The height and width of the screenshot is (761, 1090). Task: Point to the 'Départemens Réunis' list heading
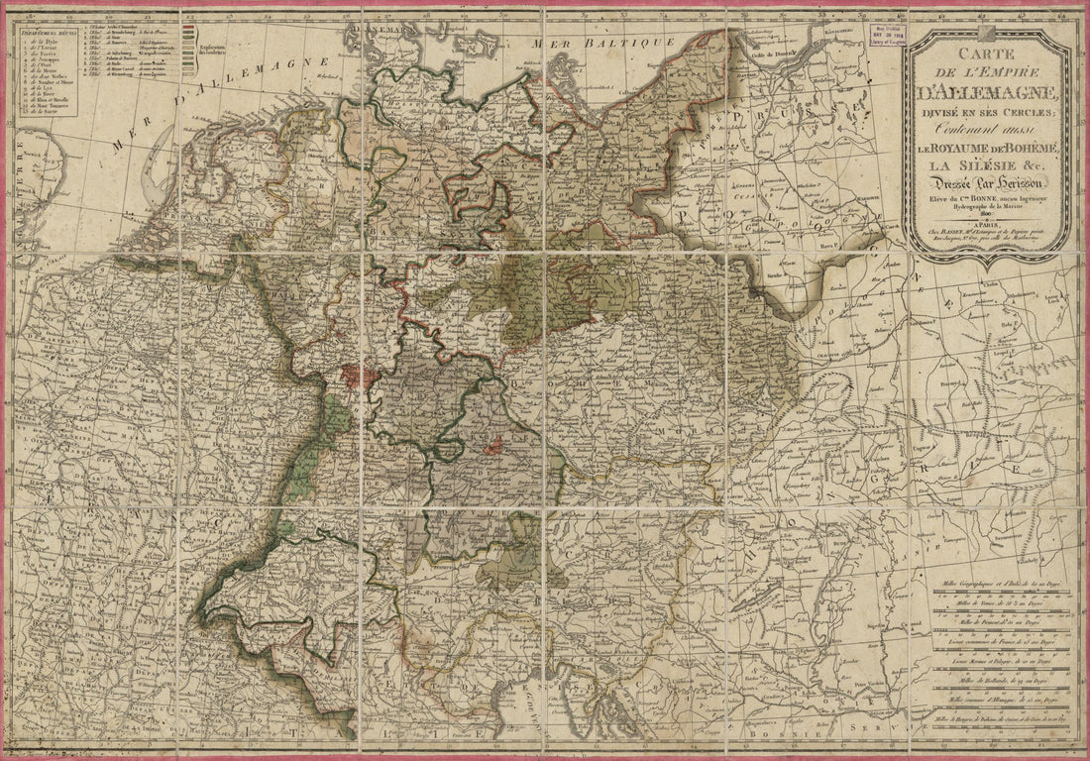[x=44, y=33]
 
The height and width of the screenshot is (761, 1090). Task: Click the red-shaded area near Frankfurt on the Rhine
[x=354, y=375]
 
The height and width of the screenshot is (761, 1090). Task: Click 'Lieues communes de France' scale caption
[x=996, y=641]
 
